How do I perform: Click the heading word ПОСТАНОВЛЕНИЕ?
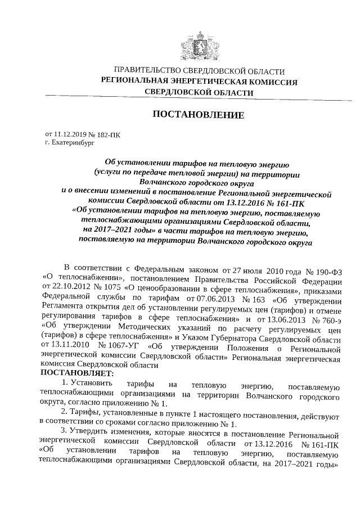199,115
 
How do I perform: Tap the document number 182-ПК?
107,134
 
